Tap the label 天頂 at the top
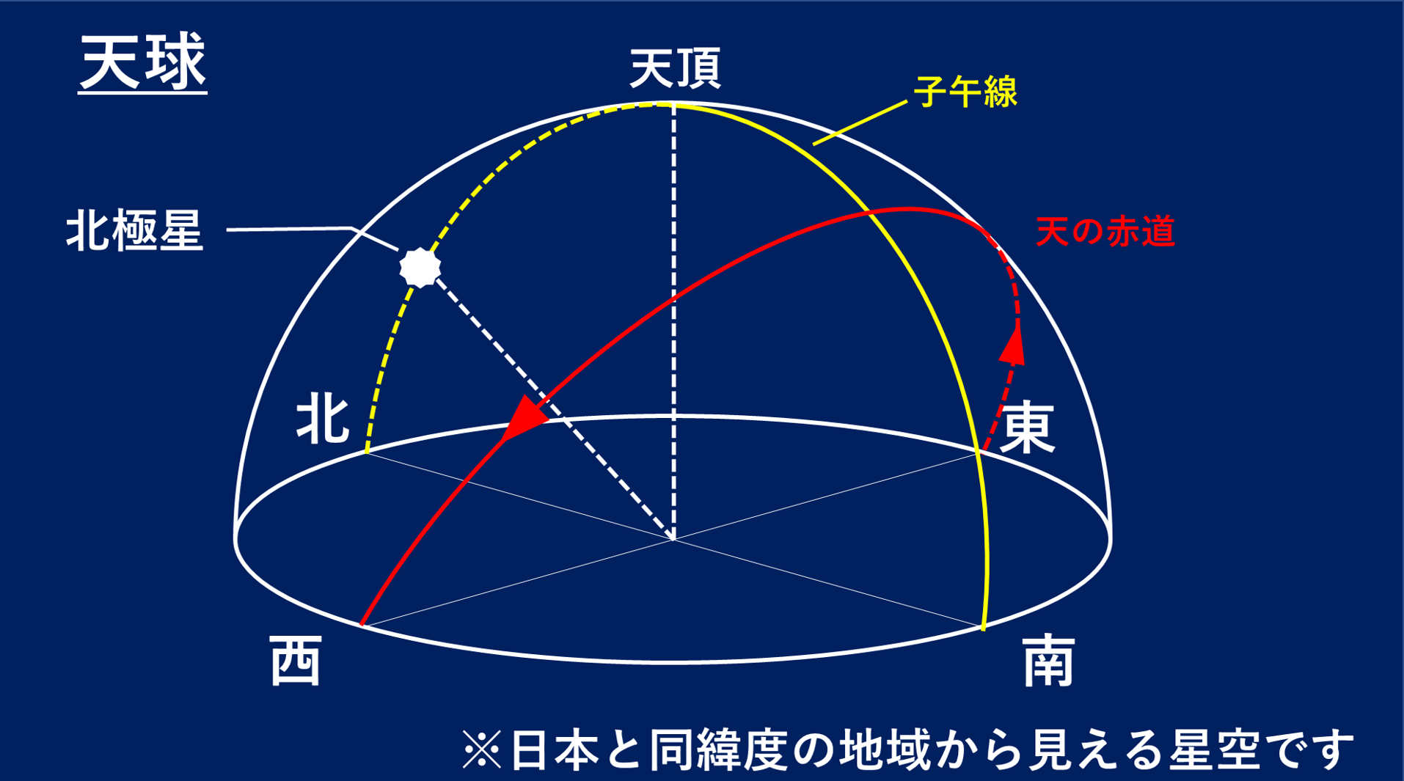(x=675, y=68)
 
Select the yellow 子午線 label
(x=965, y=92)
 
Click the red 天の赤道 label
(x=1105, y=232)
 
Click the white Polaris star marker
(x=420, y=267)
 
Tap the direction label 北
(x=322, y=419)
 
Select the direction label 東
(x=1028, y=428)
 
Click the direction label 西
(x=295, y=661)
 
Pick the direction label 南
(x=1049, y=661)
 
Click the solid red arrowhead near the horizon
(x=524, y=419)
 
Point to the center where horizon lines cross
(x=673, y=539)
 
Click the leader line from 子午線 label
(x=860, y=122)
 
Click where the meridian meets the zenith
(x=673, y=105)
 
